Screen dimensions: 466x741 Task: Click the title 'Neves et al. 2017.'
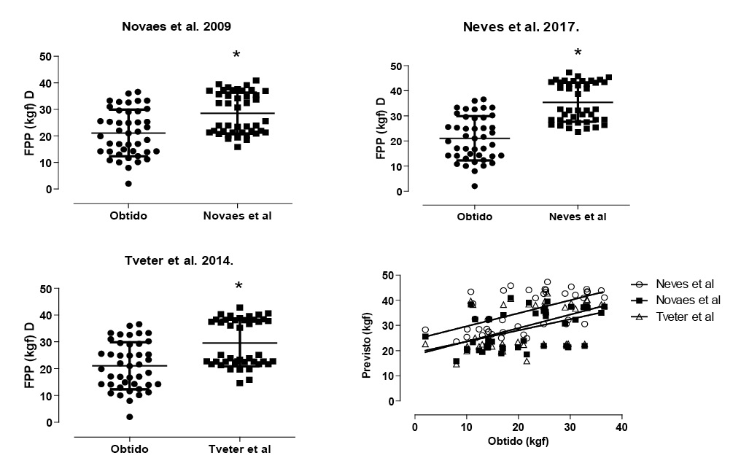coord(526,28)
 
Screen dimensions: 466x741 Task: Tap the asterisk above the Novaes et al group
coord(236,56)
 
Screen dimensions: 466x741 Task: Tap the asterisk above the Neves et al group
coord(578,53)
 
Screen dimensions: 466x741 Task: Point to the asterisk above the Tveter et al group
coord(238,287)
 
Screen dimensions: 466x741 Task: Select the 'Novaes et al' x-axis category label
coord(236,215)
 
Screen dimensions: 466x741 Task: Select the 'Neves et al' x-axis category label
coord(578,217)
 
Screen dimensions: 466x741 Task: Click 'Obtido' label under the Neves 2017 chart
coord(475,217)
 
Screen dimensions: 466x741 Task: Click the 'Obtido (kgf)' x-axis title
coord(519,441)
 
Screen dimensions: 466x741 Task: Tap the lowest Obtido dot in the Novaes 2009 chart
coord(128,183)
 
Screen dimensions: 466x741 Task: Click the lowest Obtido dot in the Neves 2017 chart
coord(474,186)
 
